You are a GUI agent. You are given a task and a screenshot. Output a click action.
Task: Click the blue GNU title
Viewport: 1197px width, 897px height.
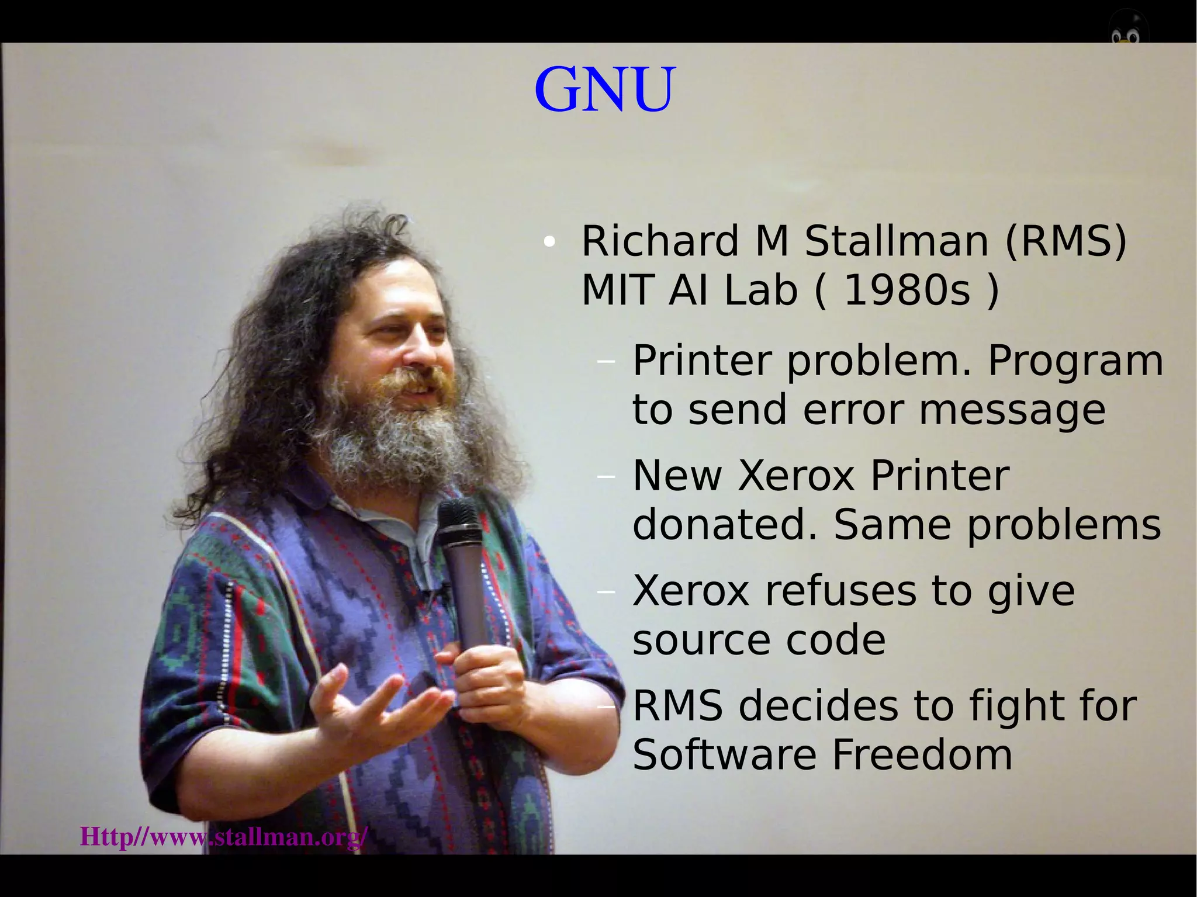click(605, 90)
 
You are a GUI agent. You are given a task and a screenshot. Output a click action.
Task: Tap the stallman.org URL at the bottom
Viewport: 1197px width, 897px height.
click(224, 837)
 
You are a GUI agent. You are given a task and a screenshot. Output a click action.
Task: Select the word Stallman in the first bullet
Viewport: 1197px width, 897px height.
click(897, 241)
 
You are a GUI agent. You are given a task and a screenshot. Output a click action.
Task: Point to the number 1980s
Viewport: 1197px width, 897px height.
click(908, 290)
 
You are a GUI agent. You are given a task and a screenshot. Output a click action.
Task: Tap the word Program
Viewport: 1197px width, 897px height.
click(1075, 361)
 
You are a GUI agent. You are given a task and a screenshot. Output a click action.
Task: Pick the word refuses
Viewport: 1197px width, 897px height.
click(840, 591)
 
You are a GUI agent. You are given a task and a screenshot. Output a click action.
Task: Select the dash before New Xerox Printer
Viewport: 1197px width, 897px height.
click(607, 477)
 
